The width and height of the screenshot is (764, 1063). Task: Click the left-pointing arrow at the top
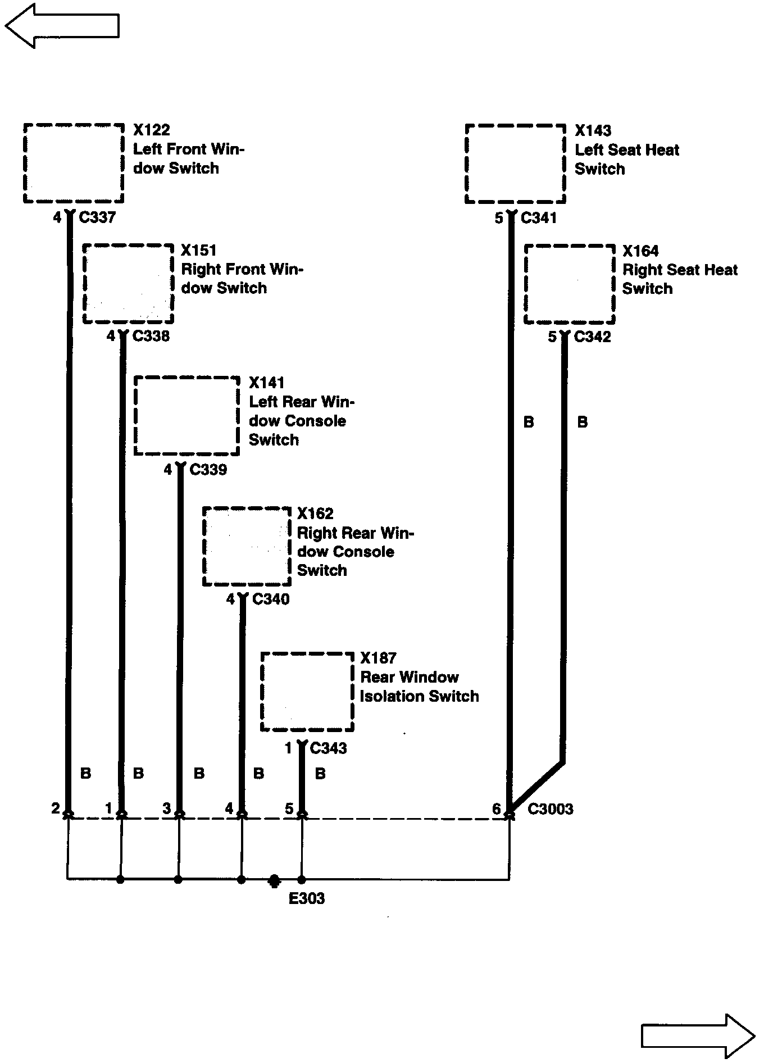point(62,25)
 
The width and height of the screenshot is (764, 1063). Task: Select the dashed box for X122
point(74,163)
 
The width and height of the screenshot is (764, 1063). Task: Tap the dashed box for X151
point(128,284)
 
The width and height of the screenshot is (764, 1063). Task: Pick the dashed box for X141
point(187,415)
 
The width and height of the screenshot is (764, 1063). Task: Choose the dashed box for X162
point(247,546)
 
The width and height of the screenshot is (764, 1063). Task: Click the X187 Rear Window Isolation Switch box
point(307,692)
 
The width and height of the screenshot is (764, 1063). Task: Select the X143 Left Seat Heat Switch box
point(515,163)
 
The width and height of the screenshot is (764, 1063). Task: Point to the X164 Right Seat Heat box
point(569,284)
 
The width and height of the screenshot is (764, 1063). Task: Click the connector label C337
point(97,217)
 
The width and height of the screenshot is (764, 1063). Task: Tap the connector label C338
point(151,336)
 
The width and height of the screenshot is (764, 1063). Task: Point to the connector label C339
point(208,469)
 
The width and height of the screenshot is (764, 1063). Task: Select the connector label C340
point(271,599)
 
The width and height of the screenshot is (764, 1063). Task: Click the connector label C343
point(328,748)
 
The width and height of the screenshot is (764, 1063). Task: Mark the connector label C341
point(538,218)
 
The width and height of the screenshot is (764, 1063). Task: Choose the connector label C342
point(593,337)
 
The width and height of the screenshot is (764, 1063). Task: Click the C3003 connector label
point(551,809)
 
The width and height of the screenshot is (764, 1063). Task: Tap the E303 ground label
point(307,898)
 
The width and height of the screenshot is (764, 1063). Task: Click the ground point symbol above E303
point(274,880)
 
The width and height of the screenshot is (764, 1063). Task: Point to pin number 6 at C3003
point(497,809)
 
